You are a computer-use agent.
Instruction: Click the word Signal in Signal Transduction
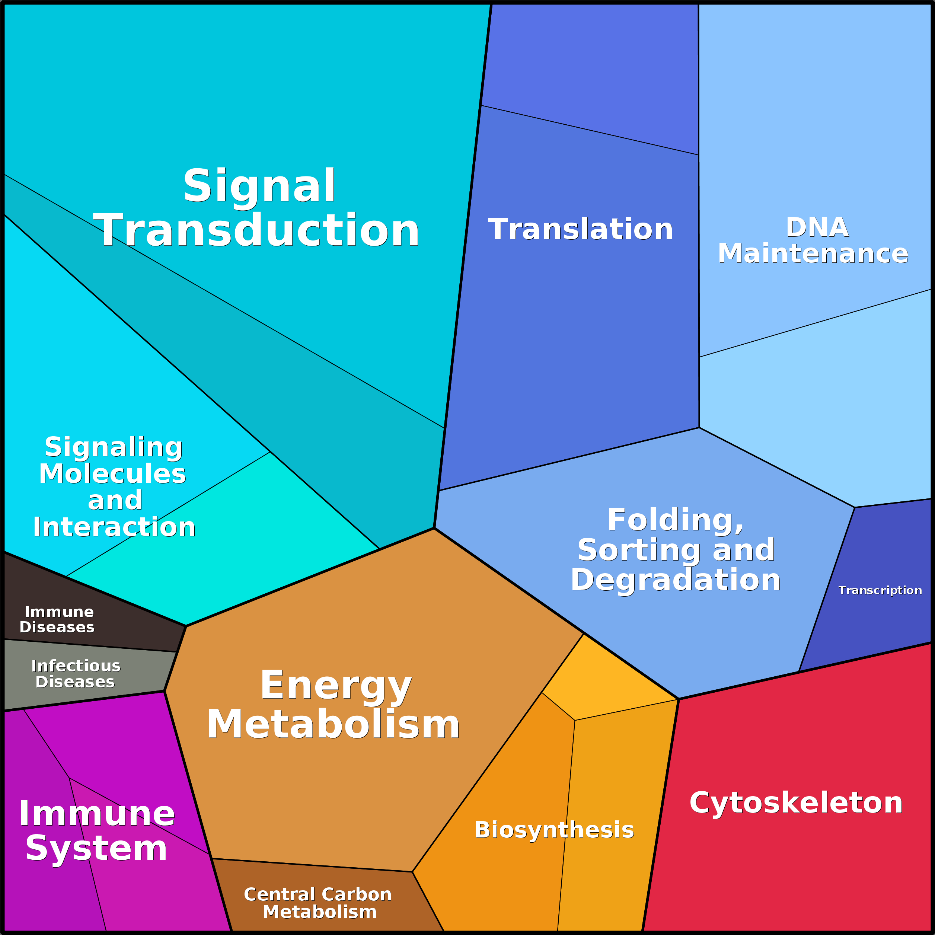[x=259, y=186]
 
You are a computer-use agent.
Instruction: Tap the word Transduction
[x=256, y=231]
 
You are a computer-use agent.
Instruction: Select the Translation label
[x=580, y=229]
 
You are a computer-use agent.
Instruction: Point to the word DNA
[x=817, y=227]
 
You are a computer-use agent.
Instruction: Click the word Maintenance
[x=813, y=253]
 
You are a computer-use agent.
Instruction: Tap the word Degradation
[x=676, y=580]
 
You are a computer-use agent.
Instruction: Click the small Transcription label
[x=880, y=590]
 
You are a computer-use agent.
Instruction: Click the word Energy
[x=336, y=686]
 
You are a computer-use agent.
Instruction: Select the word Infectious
[x=76, y=666]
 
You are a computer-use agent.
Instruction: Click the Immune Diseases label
[x=57, y=619]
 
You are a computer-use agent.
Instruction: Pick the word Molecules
[x=112, y=474]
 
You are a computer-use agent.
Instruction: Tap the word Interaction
[x=114, y=527]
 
